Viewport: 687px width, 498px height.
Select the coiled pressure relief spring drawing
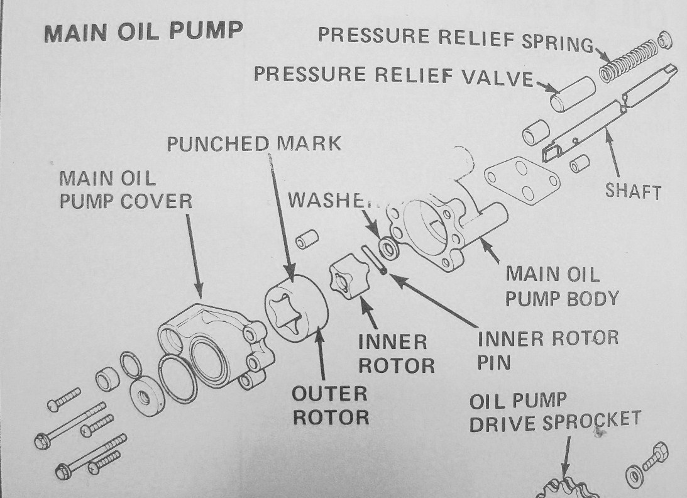626,60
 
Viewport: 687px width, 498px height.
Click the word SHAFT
633,191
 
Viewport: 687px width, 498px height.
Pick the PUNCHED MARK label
254,143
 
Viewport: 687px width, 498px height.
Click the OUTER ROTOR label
330,405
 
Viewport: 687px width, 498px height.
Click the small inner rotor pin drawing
375,259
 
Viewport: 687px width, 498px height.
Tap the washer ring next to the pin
388,246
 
